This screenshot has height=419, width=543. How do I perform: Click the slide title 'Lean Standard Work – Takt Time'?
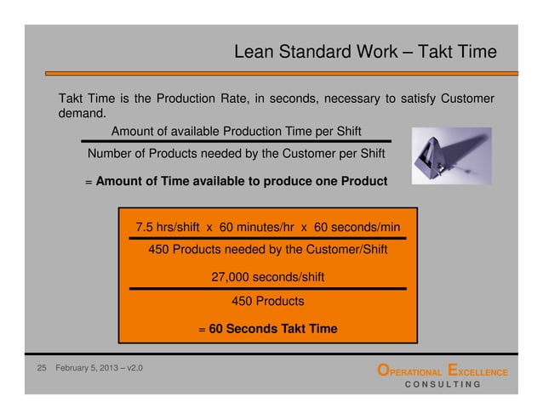click(x=365, y=53)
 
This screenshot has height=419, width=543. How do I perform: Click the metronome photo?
click(x=450, y=156)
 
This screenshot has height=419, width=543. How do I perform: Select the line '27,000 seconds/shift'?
click(x=267, y=277)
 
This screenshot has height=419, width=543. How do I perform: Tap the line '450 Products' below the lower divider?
click(x=267, y=301)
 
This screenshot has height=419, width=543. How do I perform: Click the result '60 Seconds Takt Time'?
click(x=273, y=329)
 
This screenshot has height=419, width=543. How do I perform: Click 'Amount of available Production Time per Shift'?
click(x=236, y=131)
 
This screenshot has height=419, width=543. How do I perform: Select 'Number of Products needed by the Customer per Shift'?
click(x=236, y=154)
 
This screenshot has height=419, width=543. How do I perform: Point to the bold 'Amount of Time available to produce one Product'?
click(x=242, y=181)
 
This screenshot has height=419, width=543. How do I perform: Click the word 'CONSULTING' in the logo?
click(x=442, y=384)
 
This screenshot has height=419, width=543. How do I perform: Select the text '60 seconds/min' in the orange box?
click(x=357, y=228)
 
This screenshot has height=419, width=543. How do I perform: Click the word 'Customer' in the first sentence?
click(x=466, y=99)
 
